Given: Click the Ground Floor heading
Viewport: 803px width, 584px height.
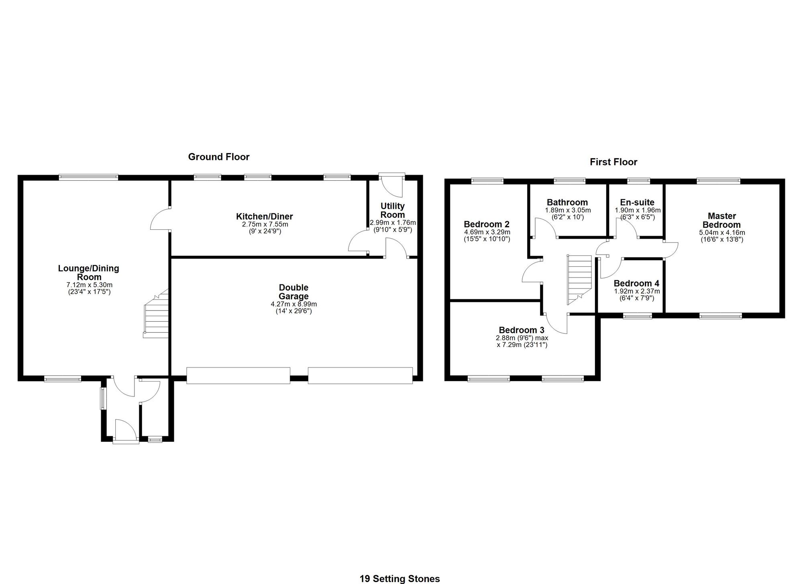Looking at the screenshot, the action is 219,157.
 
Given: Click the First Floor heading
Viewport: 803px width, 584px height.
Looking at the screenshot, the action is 613,162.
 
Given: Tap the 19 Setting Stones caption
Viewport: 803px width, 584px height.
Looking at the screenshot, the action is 399,579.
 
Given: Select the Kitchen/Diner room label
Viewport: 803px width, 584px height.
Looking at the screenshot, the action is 265,216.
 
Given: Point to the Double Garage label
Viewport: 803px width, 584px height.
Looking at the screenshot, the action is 293,292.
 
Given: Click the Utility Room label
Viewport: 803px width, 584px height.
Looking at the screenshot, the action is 393,210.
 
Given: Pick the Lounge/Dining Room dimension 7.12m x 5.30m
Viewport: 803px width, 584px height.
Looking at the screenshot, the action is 90,285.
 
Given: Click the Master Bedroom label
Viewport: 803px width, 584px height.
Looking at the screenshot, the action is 721,221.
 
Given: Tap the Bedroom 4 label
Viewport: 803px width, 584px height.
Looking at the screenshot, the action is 636,284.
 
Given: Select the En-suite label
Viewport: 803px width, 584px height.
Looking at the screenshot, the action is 637,202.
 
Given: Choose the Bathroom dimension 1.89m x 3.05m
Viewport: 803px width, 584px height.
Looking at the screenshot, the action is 568,210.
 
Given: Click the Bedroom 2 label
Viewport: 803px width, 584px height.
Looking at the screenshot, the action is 487,224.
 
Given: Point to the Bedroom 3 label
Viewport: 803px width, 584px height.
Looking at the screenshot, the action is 522,330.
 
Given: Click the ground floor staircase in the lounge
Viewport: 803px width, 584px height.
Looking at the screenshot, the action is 156,313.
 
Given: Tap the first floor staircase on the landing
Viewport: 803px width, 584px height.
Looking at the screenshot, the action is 579,280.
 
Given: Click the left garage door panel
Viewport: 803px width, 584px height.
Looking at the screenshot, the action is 238,376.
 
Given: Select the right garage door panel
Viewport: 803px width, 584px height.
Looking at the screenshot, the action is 360,376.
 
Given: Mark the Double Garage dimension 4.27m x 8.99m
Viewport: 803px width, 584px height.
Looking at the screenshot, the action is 294,304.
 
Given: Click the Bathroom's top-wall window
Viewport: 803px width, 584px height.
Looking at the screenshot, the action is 570,181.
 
